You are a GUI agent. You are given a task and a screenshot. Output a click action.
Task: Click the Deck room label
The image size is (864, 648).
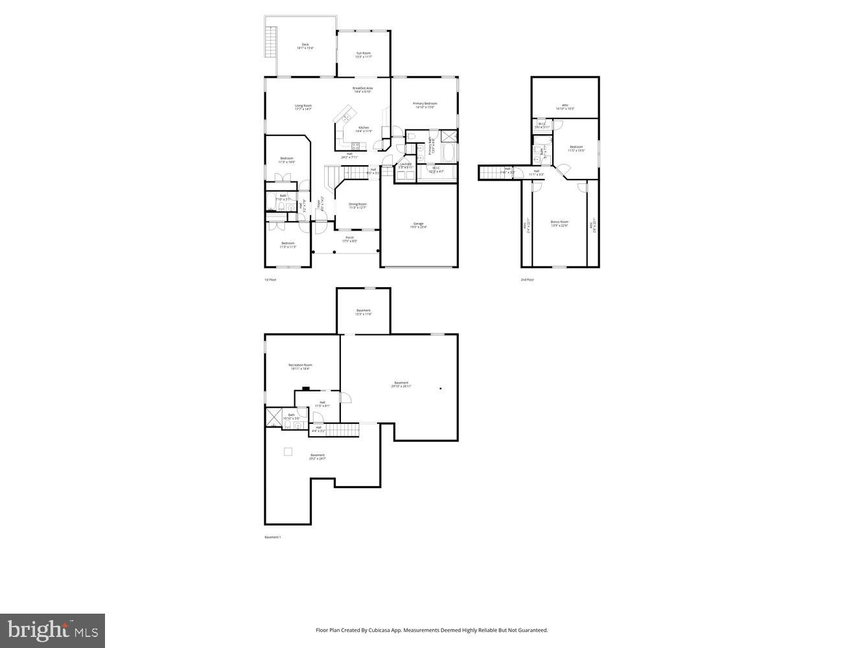click(x=305, y=46)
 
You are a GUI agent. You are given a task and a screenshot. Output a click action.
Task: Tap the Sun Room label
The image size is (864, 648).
click(x=363, y=55)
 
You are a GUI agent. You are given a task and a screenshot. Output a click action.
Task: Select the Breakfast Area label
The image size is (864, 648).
click(x=362, y=89)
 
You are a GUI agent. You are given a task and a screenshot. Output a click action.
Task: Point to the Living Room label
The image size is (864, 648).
click(x=303, y=107)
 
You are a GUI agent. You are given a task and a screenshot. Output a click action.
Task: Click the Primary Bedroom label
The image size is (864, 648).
click(x=425, y=105)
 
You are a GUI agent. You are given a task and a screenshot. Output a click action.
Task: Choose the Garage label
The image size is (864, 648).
click(x=419, y=225)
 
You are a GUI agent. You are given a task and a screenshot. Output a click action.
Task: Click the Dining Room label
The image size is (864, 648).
click(x=357, y=205)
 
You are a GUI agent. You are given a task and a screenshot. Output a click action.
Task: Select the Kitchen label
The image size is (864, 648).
click(x=364, y=129)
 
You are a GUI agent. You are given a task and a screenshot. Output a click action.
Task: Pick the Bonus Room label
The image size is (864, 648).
click(x=559, y=223)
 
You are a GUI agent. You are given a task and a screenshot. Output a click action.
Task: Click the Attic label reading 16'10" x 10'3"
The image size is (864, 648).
click(x=565, y=107)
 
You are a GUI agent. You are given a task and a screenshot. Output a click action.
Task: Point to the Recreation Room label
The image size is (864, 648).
click(x=300, y=367)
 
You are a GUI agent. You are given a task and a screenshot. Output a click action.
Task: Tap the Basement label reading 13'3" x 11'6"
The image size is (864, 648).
click(x=364, y=312)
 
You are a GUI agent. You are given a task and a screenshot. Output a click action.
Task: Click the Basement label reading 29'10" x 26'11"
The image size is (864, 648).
click(x=401, y=384)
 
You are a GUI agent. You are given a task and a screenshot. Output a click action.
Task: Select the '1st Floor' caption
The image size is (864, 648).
click(x=270, y=279)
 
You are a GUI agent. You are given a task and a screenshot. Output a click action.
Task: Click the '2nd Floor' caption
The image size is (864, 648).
click(x=527, y=279)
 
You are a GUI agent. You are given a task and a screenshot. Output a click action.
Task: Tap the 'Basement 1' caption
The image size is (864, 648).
click(x=272, y=537)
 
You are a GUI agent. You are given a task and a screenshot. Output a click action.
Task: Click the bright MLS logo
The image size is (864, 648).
click(x=53, y=630)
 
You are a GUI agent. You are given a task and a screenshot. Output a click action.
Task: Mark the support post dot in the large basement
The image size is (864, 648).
click(x=441, y=389)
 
